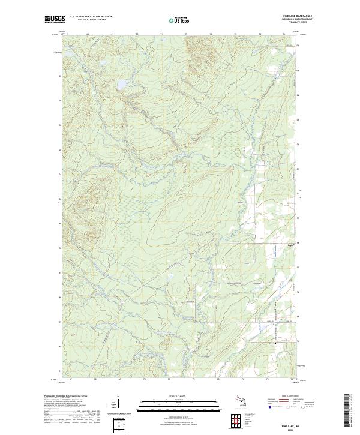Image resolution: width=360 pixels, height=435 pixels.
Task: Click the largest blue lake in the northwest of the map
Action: click(x=122, y=83)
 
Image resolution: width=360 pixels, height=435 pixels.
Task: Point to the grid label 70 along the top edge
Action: click(x=138, y=35)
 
